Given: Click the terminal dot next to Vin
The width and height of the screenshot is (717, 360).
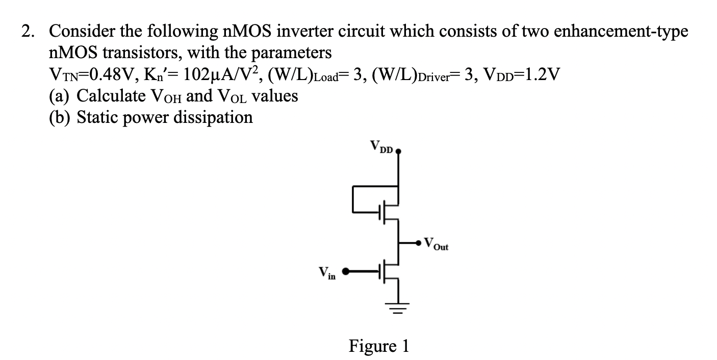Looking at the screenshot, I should [346, 272].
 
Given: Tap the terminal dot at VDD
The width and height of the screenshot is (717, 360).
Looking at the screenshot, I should [398, 151].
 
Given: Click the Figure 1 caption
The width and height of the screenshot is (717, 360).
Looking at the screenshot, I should [378, 346].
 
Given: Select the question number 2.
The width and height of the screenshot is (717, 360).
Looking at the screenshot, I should [28, 32].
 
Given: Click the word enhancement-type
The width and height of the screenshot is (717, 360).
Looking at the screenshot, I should [620, 32].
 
